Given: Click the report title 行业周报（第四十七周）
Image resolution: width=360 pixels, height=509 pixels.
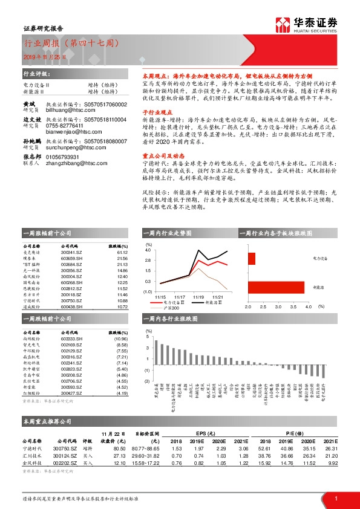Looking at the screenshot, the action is (67, 44).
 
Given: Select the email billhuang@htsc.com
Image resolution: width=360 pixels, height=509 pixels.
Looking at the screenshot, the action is (65, 111).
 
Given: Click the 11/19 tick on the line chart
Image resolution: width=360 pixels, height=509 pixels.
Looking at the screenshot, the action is (199, 297).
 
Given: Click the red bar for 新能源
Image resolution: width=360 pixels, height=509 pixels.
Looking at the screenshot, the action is (275, 287).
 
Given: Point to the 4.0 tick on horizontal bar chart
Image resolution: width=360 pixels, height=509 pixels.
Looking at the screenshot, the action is (309, 307).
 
